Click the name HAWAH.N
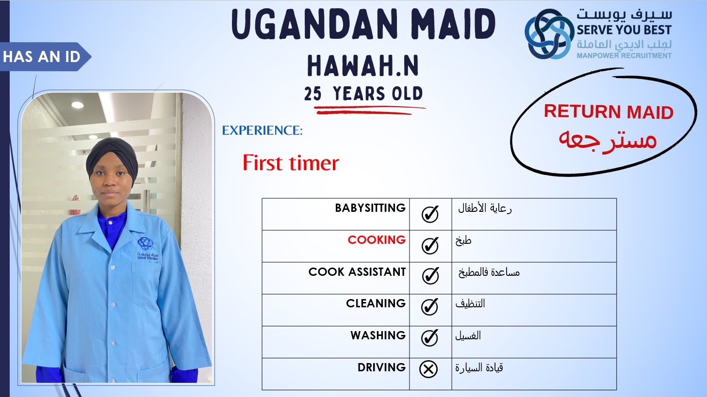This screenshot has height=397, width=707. (363, 65)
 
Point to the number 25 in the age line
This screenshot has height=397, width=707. (312, 94)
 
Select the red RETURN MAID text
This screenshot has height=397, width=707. (608, 111)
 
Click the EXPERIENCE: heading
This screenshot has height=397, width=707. (263, 130)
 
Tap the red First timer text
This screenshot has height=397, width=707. (291, 163)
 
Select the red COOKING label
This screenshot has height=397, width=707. (377, 239)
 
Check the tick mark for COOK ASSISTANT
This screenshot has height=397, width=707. (430, 276)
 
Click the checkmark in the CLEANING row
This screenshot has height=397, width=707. (429, 307)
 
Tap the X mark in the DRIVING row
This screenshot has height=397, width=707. (428, 369)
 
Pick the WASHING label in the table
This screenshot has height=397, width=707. (378, 335)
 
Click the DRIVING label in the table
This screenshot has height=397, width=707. (381, 367)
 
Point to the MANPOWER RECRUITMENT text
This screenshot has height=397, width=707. (624, 56)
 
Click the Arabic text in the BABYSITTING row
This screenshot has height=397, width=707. (485, 208)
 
